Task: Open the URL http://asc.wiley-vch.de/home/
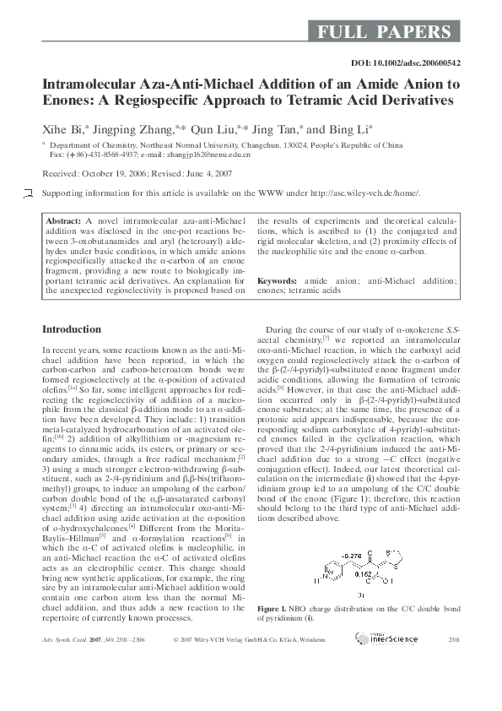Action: [x=364, y=193]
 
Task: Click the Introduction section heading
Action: [x=72, y=328]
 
